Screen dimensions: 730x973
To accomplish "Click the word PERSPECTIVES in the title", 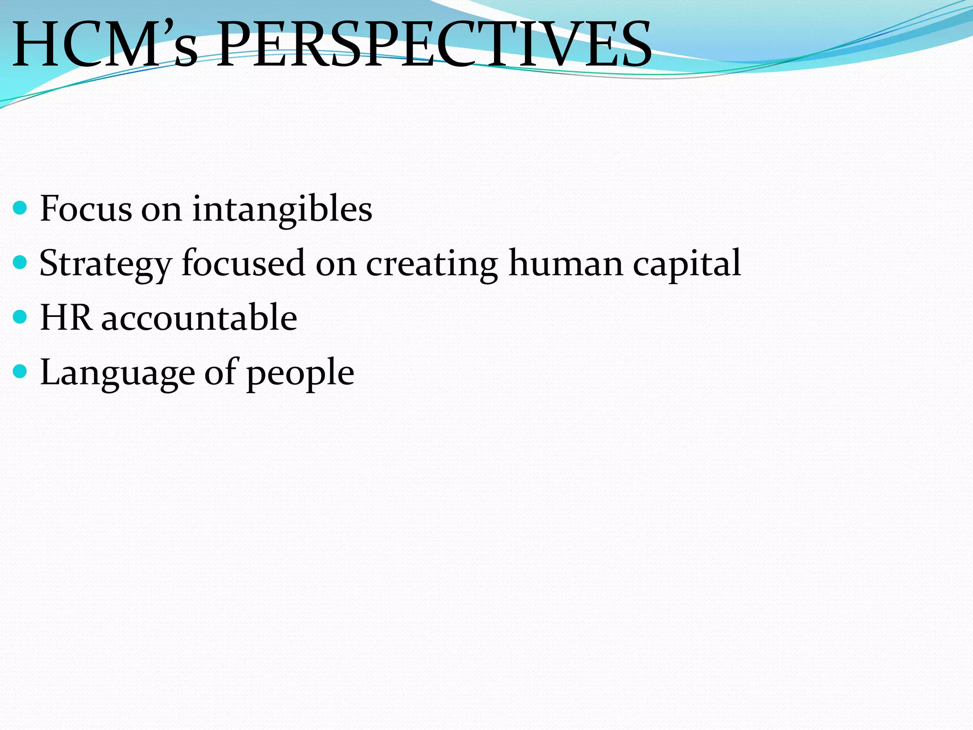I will pos(433,45).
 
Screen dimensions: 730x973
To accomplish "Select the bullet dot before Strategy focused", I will pos(20,262).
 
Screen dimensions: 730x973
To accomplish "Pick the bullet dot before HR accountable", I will pos(20,317).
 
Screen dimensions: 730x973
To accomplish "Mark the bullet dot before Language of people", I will pos(20,371).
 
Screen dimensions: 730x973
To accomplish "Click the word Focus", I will pos(86,209).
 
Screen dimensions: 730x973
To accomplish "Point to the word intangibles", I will pos(282,209).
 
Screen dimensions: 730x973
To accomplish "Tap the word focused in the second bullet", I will pos(243,263).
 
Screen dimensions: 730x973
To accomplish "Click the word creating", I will pos(431,264).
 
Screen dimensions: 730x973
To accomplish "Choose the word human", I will pos(565,263).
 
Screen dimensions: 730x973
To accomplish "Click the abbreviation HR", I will pos(66,317).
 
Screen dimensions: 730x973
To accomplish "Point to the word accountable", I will pos(200,317).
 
